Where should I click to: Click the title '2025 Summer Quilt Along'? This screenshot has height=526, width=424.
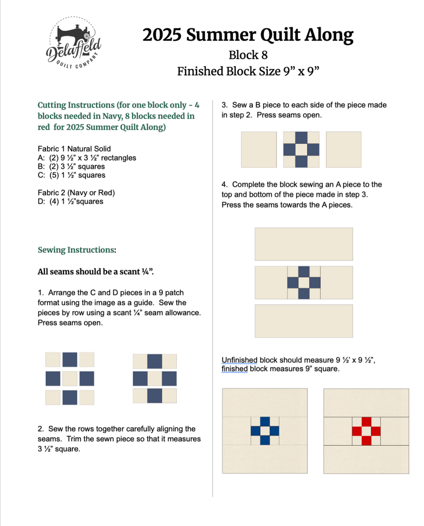[x=248, y=35]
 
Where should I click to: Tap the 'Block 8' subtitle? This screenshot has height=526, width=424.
[x=248, y=55]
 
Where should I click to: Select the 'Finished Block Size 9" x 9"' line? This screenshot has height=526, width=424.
[x=248, y=71]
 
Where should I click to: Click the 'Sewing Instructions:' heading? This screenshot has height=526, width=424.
[x=77, y=250]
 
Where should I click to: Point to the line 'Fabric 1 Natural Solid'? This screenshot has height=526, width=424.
[x=74, y=149]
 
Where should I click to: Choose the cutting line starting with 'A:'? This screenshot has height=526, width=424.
[x=87, y=158]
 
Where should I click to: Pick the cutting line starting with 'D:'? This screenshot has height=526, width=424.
[x=70, y=201]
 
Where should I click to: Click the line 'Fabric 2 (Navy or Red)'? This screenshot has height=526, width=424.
[x=76, y=193]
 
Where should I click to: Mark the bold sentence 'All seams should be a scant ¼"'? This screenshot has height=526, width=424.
[x=96, y=272]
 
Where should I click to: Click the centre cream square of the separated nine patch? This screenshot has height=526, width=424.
[x=70, y=379]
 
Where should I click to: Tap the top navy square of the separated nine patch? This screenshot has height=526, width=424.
[x=70, y=359]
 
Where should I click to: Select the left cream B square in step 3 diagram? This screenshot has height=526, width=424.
[x=259, y=150]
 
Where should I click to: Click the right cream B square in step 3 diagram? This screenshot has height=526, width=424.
[x=344, y=150]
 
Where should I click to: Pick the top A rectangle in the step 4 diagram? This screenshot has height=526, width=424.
[x=304, y=244]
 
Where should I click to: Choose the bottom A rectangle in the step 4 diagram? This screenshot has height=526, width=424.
[x=304, y=321]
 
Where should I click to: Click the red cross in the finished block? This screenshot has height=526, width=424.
[x=366, y=431]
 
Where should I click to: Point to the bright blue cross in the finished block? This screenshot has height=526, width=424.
[x=265, y=431]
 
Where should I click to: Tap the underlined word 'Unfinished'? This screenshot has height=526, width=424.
[x=240, y=360]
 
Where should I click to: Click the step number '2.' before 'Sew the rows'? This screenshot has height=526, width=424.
[x=41, y=429]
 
